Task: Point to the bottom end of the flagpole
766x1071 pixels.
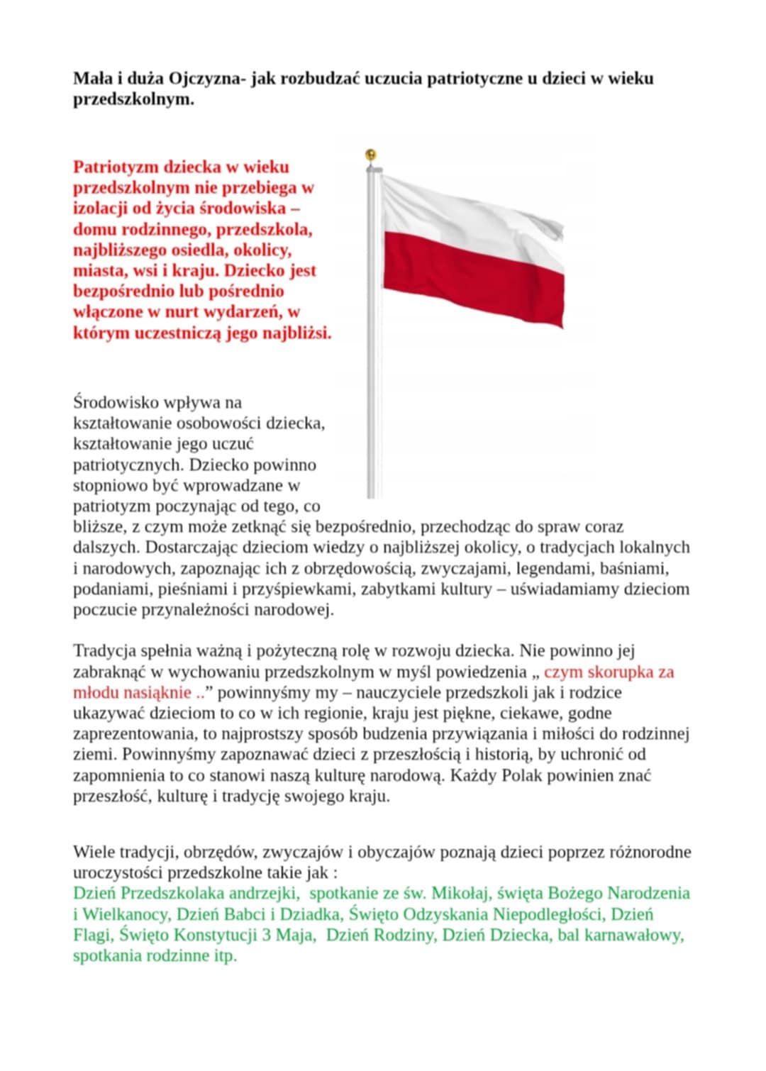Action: tap(372, 495)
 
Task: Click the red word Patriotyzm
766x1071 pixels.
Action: tap(116, 167)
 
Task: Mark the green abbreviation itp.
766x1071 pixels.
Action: tap(225, 956)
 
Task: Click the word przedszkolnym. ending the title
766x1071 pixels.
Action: tap(133, 99)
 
